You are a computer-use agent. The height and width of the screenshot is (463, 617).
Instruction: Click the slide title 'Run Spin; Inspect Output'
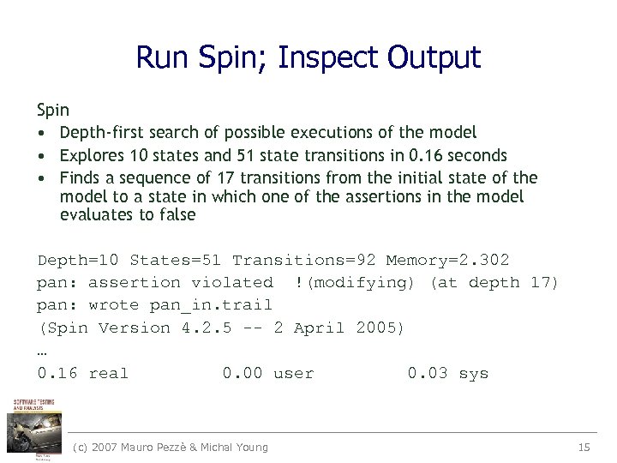[308, 57]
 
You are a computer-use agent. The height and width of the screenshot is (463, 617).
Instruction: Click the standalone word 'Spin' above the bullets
[53, 110]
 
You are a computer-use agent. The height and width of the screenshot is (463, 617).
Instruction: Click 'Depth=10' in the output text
[79, 260]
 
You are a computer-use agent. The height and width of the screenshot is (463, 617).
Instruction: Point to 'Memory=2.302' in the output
[447, 260]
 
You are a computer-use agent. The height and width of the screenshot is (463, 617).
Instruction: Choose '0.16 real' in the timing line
[82, 373]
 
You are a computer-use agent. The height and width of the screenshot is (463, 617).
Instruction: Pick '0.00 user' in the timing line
[268, 373]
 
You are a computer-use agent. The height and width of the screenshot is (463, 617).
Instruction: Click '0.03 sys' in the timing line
[447, 373]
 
